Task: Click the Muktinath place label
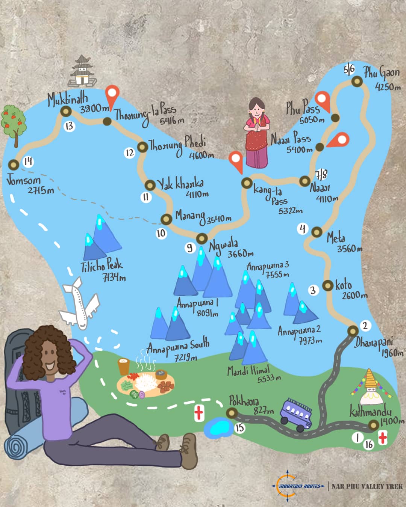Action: (68, 100)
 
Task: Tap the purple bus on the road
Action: (296, 414)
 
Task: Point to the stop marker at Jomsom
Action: (14, 165)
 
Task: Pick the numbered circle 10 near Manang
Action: (161, 234)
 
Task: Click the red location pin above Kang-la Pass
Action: (236, 161)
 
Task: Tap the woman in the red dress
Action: (257, 133)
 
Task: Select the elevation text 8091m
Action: (207, 313)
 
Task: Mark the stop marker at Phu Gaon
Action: (357, 81)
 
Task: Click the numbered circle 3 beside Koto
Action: (313, 290)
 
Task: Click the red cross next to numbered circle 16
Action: (383, 438)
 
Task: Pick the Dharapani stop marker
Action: (353, 331)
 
